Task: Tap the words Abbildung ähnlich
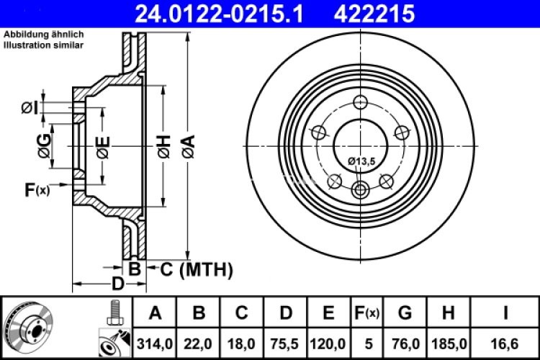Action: (x=43, y=35)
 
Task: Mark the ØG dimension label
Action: (x=45, y=146)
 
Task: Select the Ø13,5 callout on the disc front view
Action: (x=361, y=161)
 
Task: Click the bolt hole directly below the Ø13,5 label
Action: (x=361, y=189)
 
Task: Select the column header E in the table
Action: (x=328, y=312)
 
